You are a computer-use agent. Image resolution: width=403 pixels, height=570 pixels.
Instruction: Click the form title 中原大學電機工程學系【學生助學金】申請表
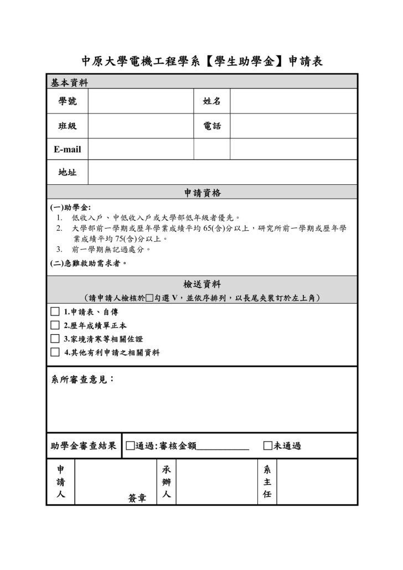(x=201, y=61)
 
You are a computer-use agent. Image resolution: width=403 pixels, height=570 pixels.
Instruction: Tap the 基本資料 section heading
(x=69, y=82)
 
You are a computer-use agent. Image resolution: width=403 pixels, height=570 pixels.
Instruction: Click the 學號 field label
(x=68, y=101)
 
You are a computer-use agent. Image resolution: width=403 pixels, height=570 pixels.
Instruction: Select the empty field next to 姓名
(x=293, y=101)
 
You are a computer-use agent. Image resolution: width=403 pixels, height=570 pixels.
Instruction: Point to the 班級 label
(x=68, y=126)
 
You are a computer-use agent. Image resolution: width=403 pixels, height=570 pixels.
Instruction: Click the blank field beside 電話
(x=293, y=126)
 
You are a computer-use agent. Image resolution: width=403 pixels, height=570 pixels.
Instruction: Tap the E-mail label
(x=68, y=149)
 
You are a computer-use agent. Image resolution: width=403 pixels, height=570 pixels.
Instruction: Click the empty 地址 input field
(x=222, y=172)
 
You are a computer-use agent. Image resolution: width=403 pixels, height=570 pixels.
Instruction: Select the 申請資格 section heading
(x=202, y=193)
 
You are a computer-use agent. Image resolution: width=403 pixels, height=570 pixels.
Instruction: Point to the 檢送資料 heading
(x=202, y=284)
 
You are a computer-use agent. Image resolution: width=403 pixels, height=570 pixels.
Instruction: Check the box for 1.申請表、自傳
(x=55, y=312)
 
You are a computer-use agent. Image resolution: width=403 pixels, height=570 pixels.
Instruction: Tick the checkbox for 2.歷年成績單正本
(x=55, y=325)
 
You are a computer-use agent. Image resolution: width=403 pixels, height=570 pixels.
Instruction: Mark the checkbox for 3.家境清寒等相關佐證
(x=55, y=338)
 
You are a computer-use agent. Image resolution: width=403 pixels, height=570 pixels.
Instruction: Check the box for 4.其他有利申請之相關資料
(x=55, y=352)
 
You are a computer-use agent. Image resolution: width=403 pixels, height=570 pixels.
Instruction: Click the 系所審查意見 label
(x=82, y=380)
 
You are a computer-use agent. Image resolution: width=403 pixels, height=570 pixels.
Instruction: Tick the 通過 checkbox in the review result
(x=130, y=445)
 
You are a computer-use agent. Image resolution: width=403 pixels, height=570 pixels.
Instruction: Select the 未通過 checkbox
(x=268, y=445)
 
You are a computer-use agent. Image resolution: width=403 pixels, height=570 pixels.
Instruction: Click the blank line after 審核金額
(x=223, y=446)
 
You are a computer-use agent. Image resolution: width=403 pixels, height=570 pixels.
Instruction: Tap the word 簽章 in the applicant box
(x=137, y=498)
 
